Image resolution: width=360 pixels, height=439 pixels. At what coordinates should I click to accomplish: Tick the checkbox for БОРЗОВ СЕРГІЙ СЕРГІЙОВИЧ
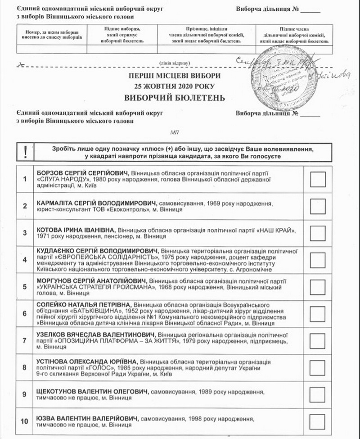coord(318,179)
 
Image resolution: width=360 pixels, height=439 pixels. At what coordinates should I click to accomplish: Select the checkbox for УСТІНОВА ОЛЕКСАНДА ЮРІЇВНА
coord(318,367)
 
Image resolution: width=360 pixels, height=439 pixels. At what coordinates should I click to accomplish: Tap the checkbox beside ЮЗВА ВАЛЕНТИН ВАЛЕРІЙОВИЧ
coord(318,421)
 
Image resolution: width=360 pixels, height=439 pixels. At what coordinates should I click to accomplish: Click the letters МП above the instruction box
coord(175,133)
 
